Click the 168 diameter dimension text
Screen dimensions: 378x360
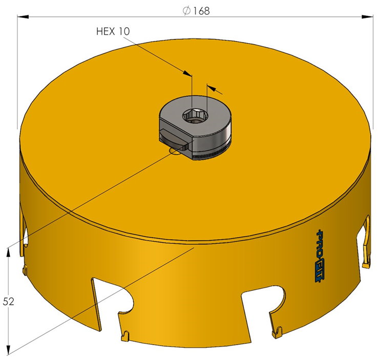click(201, 11)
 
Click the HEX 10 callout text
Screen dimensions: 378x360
click(113, 31)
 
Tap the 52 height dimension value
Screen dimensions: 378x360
click(8, 302)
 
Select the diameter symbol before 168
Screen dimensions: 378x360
click(186, 11)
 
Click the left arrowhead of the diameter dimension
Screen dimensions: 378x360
click(23, 16)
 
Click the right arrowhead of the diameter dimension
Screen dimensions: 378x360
click(367, 16)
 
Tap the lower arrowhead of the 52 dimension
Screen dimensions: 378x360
click(8, 350)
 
